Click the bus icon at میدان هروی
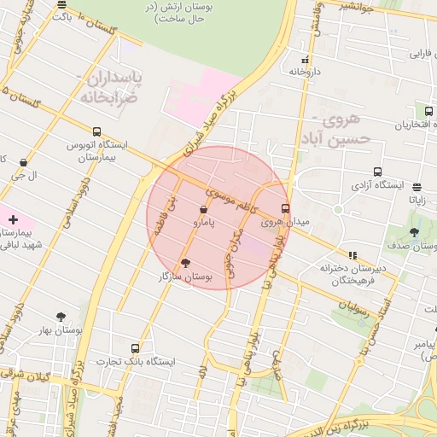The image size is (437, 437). click(x=285, y=207)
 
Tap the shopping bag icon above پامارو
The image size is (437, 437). click(x=203, y=209)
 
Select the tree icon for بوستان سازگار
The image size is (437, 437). click(x=187, y=263)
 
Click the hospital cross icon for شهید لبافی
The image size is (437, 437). click(x=13, y=219)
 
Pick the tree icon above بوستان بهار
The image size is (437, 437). click(x=60, y=317)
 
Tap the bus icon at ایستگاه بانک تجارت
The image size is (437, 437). click(x=135, y=348)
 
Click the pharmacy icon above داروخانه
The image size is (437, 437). click(x=306, y=60)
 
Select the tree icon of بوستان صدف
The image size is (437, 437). click(x=415, y=231)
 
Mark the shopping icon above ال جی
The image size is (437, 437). click(x=23, y=162)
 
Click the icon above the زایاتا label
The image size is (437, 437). click(x=417, y=187)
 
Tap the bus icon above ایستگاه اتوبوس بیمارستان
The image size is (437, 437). click(x=96, y=131)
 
